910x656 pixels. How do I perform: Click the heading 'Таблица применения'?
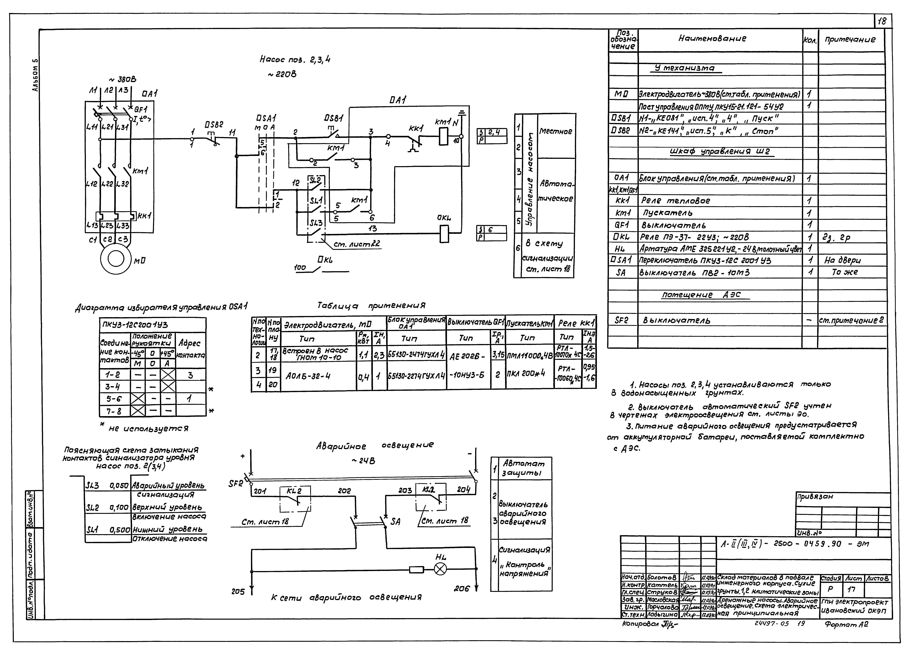pyautogui.click(x=371, y=306)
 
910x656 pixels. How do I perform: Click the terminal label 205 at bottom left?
pyautogui.click(x=238, y=591)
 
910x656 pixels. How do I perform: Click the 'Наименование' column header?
pyautogui.click(x=712, y=39)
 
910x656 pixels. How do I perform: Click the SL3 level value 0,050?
pyautogui.click(x=119, y=486)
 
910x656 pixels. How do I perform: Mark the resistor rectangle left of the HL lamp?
pyautogui.click(x=416, y=569)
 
